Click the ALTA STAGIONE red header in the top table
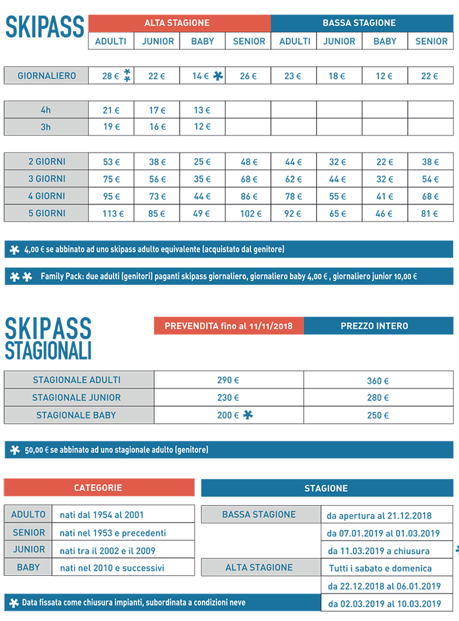(x=177, y=23)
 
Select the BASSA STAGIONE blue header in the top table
(x=359, y=23)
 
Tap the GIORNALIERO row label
(x=47, y=75)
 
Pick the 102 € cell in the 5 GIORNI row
(x=248, y=214)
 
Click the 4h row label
(x=46, y=110)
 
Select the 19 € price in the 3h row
(x=111, y=127)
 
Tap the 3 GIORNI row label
(x=47, y=179)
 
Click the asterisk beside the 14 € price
(x=218, y=75)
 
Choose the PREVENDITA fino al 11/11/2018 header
(x=229, y=326)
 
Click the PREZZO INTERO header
(x=378, y=326)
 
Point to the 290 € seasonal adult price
(x=228, y=380)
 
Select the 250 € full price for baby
(x=378, y=415)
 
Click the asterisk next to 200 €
(x=247, y=415)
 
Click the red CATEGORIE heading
(x=98, y=488)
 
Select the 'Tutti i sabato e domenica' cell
(x=380, y=568)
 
